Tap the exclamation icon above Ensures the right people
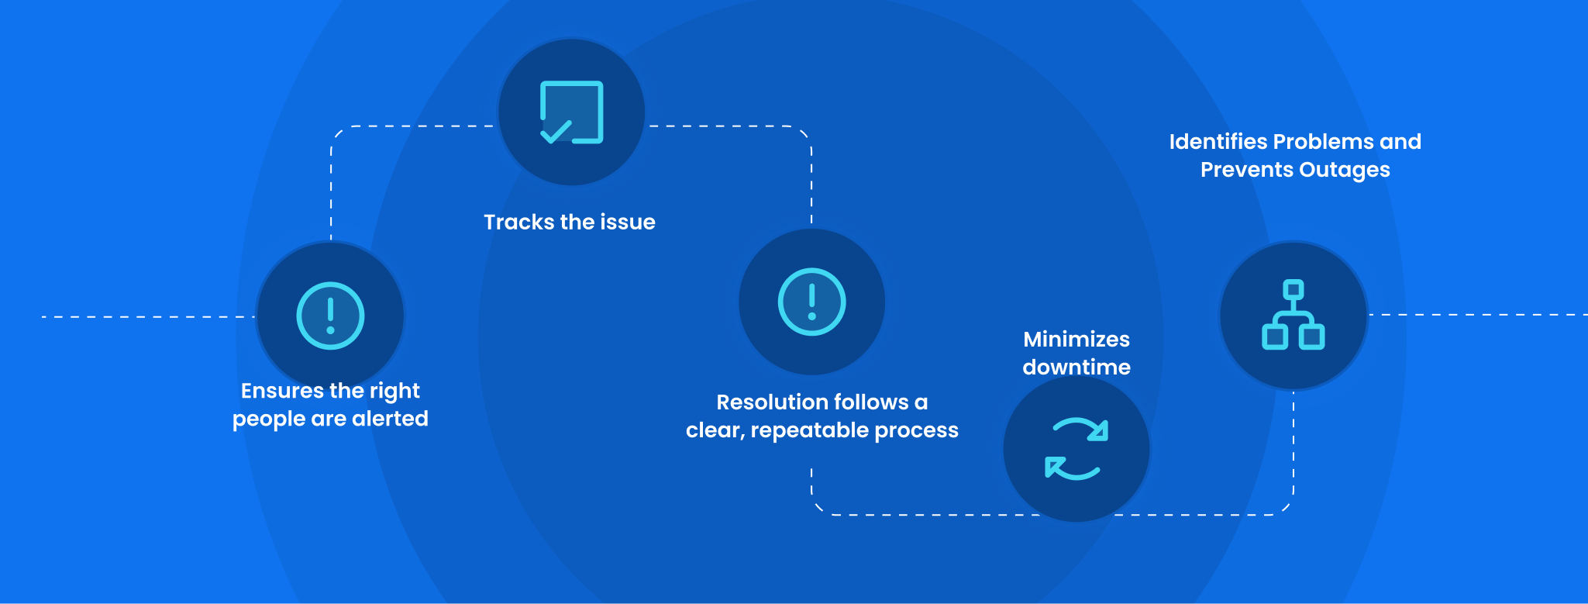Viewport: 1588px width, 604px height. click(x=330, y=316)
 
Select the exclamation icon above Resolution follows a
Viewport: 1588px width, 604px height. click(x=811, y=302)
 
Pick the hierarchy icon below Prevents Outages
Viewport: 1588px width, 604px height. click(x=1293, y=315)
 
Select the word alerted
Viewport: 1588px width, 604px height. click(x=390, y=419)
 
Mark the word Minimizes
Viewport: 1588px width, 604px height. click(x=1076, y=340)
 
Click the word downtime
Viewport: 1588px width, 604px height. click(x=1076, y=368)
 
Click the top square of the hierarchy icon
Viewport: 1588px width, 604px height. click(x=1293, y=289)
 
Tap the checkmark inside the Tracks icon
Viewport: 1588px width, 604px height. click(x=556, y=132)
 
